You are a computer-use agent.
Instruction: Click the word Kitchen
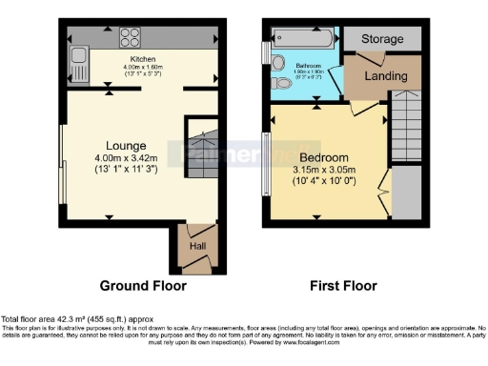[x=143, y=58]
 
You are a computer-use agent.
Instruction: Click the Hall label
[x=196, y=246]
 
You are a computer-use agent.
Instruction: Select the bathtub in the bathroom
[x=302, y=39]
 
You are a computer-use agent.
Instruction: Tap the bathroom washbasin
[x=277, y=62]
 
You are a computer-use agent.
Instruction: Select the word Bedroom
[x=324, y=157]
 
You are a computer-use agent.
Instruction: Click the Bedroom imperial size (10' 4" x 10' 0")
[x=324, y=181]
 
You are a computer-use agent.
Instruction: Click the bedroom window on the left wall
[x=266, y=161]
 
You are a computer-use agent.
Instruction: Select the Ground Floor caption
[x=143, y=285]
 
